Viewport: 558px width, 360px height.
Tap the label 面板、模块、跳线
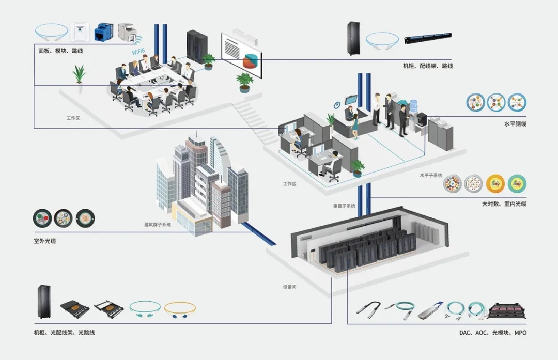60,51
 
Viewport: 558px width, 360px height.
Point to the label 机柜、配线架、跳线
428,66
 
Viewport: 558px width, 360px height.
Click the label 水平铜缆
515,124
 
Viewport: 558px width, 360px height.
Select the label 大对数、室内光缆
504,204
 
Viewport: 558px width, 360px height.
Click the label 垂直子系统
344,206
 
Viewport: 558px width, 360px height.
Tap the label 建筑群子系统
158,225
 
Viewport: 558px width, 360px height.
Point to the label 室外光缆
45,241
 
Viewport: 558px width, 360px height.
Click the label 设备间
289,286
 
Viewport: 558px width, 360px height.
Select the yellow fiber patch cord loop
180,309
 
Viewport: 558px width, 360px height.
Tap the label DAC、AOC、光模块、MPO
493,333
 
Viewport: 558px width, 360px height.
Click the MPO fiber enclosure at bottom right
507,309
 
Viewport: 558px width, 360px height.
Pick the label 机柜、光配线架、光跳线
64,332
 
